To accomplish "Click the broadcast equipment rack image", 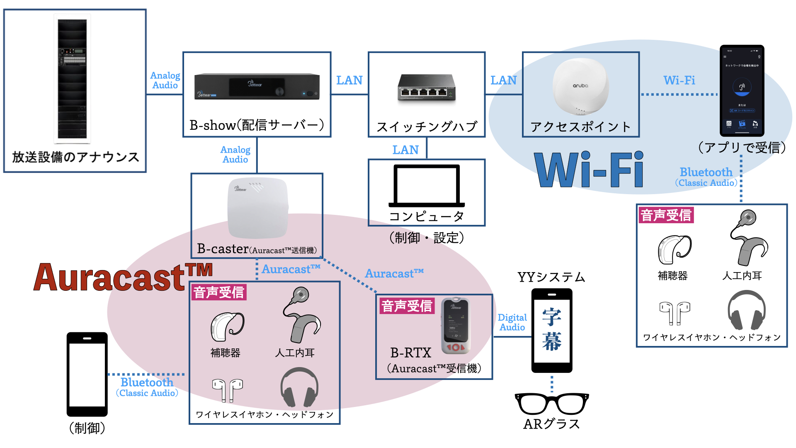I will pos(73,79).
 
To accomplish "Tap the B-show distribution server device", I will pos(257,86).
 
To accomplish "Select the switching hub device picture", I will pos(427,88).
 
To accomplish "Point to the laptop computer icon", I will pos(427,186).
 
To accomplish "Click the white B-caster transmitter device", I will pos(257,207).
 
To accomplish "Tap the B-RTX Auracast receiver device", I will pos(456,326).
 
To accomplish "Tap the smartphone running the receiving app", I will pos(742,90).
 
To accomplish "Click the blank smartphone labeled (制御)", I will pos(87,374).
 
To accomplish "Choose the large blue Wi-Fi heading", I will pos(589,170).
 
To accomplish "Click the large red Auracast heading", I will pos(123,277).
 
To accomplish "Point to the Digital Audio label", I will pos(512,322).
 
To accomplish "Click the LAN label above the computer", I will pos(405,150).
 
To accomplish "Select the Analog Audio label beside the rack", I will pos(165,80).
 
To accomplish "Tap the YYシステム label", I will pos(551,277).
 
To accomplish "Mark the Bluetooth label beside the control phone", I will pos(147,382).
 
